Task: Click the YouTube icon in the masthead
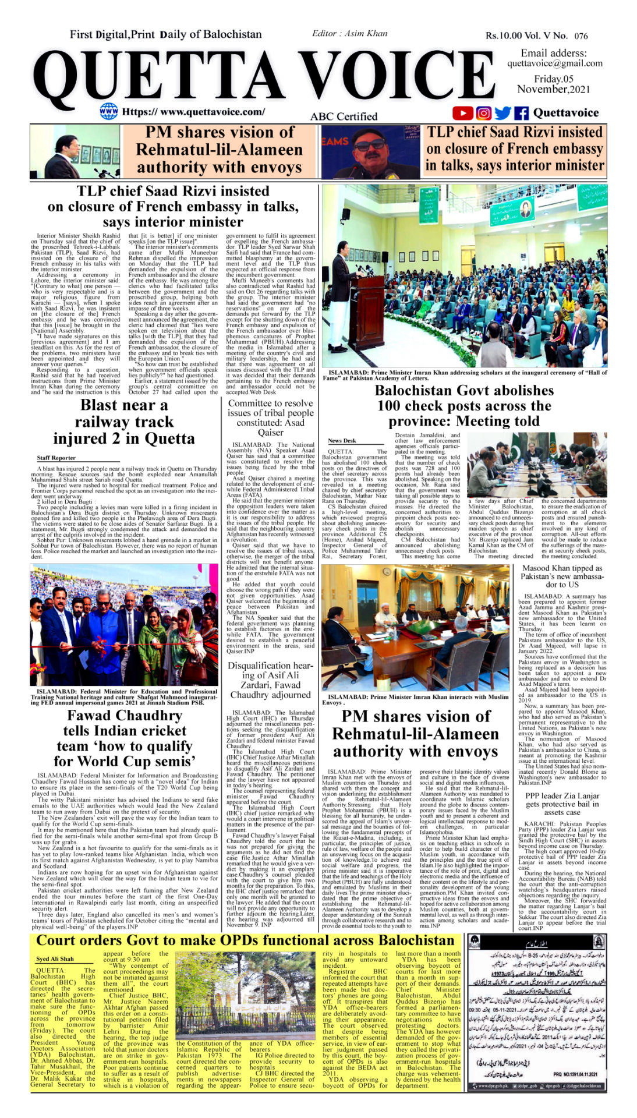[462, 113]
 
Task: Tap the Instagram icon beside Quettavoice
[483, 113]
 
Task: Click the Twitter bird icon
[502, 113]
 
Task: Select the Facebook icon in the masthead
[521, 113]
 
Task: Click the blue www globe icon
[109, 111]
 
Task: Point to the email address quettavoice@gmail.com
[554, 63]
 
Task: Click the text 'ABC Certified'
[344, 116]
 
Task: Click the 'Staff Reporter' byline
[56, 458]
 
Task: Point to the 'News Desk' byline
[342, 440]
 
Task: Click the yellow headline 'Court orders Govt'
[245, 940]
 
